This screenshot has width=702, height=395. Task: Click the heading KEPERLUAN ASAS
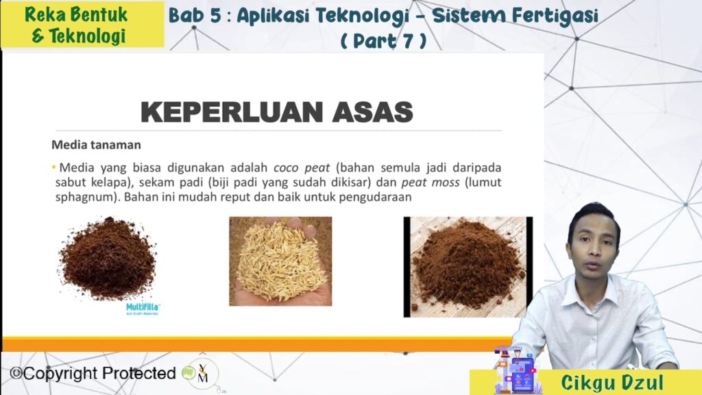[277, 112]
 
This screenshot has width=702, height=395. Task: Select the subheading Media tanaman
[96, 145]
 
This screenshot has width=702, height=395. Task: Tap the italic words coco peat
[302, 168]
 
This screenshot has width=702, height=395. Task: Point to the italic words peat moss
[431, 182]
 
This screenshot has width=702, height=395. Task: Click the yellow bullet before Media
[53, 167]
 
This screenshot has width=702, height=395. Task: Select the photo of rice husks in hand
[280, 261]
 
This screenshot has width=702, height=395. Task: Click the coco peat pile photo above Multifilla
[108, 259]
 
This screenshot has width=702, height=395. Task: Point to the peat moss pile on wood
[468, 267]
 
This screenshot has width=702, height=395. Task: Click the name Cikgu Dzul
[612, 383]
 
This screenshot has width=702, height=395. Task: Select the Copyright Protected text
[93, 373]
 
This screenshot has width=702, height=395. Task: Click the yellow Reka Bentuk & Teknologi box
[83, 25]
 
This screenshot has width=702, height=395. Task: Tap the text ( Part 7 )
[383, 41]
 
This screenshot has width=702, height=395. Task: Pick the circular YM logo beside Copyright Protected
[202, 374]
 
